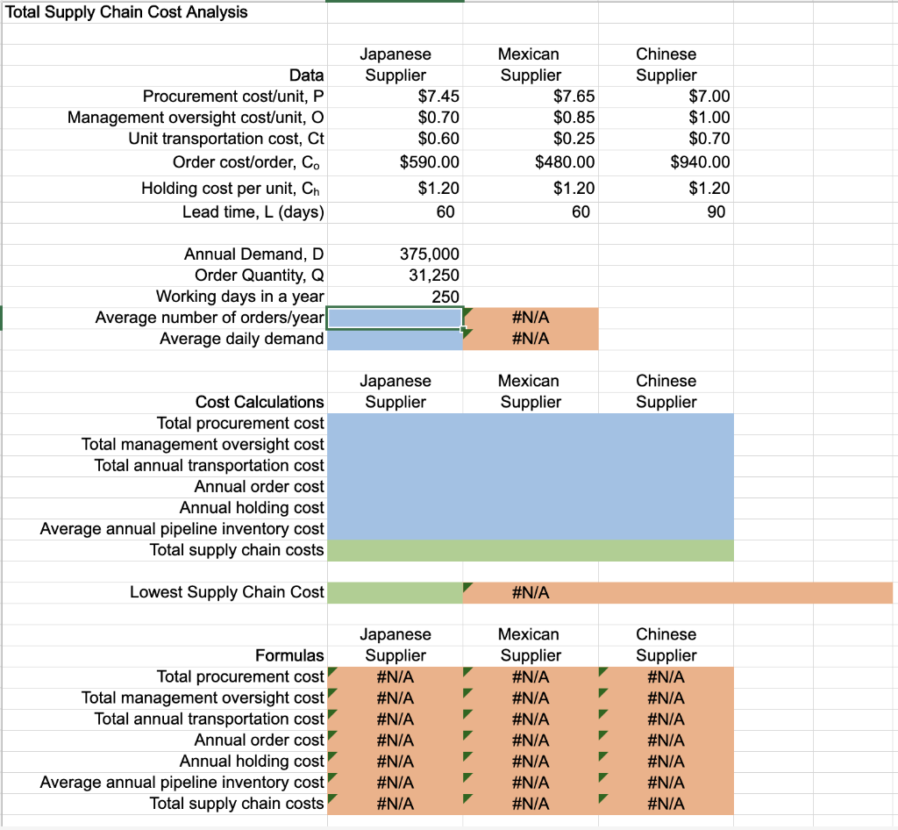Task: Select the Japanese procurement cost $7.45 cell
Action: click(x=438, y=97)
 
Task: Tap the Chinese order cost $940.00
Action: click(x=699, y=162)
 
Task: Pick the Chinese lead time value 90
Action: click(x=716, y=212)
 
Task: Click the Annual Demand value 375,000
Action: click(x=429, y=254)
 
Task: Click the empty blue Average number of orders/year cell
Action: click(x=395, y=318)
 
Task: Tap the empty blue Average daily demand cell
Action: click(x=395, y=339)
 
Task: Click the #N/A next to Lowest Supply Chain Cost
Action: click(x=530, y=593)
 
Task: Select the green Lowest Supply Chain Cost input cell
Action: click(x=395, y=593)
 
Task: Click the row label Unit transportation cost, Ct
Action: click(x=225, y=139)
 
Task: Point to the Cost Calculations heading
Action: click(x=260, y=402)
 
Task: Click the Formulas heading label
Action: click(x=289, y=655)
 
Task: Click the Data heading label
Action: click(x=306, y=75)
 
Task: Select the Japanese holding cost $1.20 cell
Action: click(x=438, y=188)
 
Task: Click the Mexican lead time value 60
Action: click(x=580, y=212)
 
